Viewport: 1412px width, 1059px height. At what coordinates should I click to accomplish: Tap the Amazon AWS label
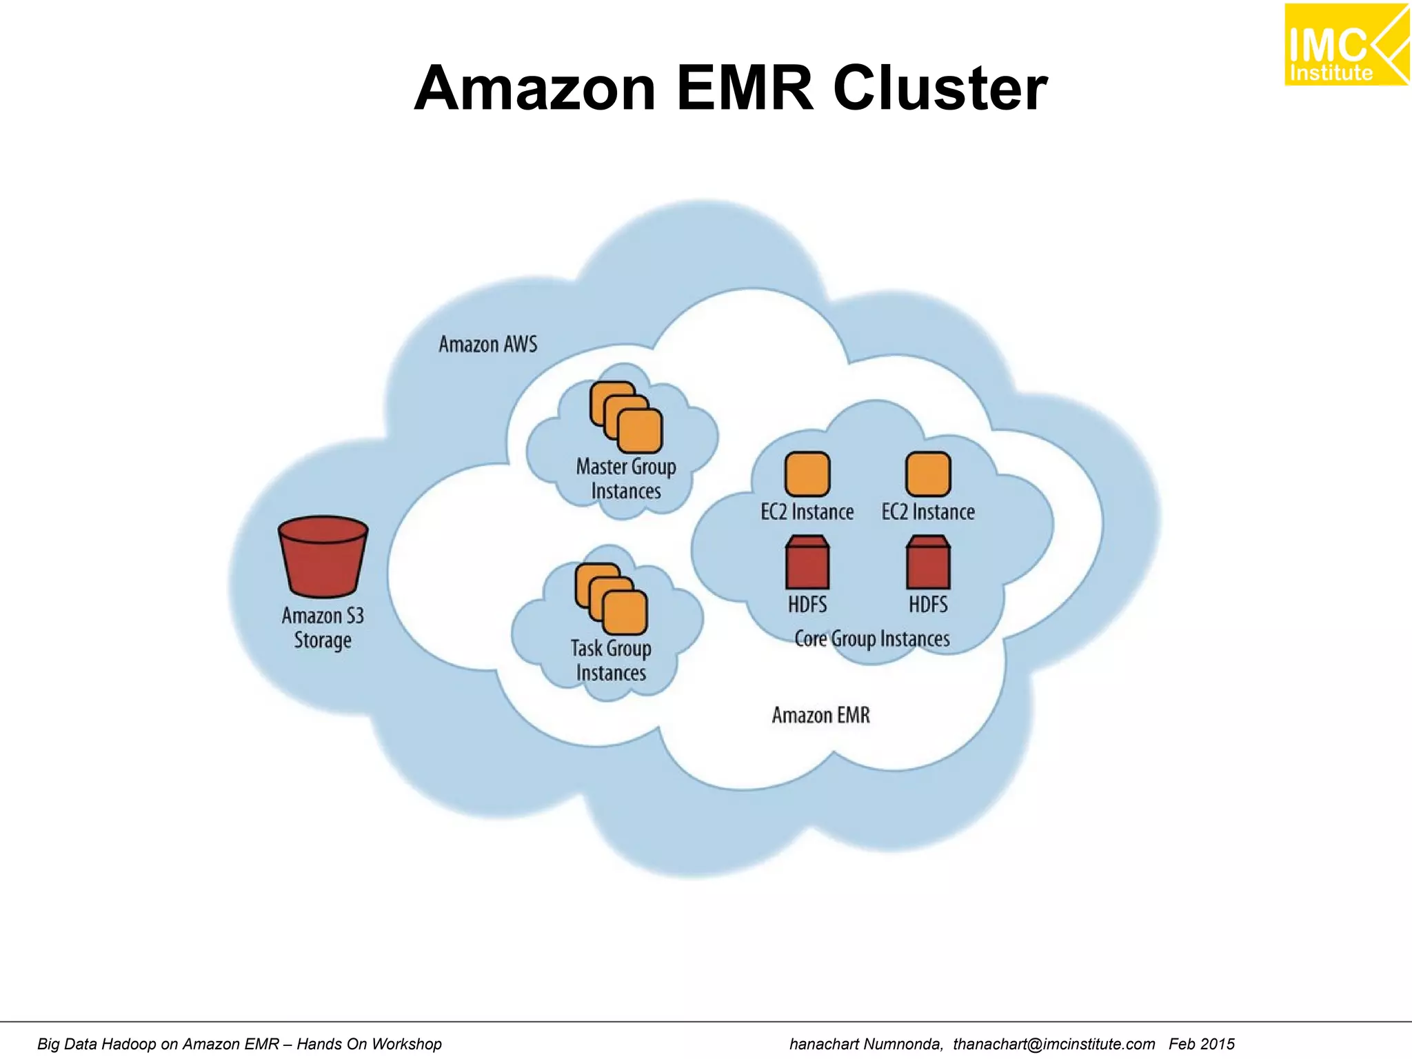(x=487, y=344)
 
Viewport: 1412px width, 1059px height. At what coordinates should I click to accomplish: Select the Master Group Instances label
(x=625, y=479)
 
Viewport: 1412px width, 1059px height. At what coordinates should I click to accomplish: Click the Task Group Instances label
(x=611, y=660)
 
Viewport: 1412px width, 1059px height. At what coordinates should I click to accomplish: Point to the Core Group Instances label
(x=871, y=639)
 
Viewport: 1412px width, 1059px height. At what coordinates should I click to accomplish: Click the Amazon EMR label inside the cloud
(x=820, y=716)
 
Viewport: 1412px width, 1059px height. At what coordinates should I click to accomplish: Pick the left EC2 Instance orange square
(x=807, y=474)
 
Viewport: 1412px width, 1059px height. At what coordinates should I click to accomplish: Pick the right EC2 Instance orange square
(x=928, y=474)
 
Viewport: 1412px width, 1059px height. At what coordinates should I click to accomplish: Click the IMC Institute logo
(x=1345, y=46)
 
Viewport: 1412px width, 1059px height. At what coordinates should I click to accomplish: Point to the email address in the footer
(x=1053, y=1044)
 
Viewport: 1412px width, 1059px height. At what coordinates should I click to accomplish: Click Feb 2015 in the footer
(x=1201, y=1044)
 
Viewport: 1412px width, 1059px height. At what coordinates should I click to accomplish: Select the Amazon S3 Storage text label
(x=323, y=628)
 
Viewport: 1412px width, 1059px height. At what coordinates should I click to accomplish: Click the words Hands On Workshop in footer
(x=369, y=1044)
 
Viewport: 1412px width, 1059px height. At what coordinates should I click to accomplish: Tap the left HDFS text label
(x=807, y=605)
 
